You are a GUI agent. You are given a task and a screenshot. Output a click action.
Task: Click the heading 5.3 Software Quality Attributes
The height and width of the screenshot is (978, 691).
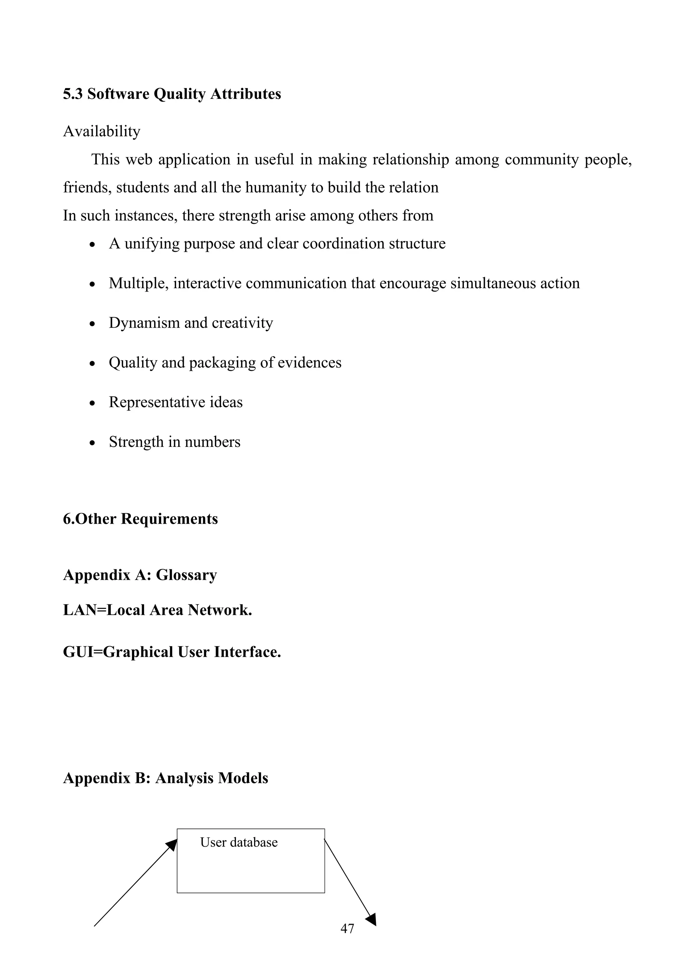(172, 94)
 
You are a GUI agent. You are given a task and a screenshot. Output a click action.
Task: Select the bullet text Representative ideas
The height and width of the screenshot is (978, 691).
(175, 402)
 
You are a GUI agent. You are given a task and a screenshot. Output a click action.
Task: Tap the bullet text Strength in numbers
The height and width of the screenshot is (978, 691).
(174, 442)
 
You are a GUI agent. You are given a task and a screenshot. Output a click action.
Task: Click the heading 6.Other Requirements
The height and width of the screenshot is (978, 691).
(140, 519)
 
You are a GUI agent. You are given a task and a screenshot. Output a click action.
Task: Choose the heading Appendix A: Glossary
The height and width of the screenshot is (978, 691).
(140, 575)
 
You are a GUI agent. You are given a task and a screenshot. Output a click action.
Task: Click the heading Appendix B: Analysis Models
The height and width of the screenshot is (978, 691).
(165, 778)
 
